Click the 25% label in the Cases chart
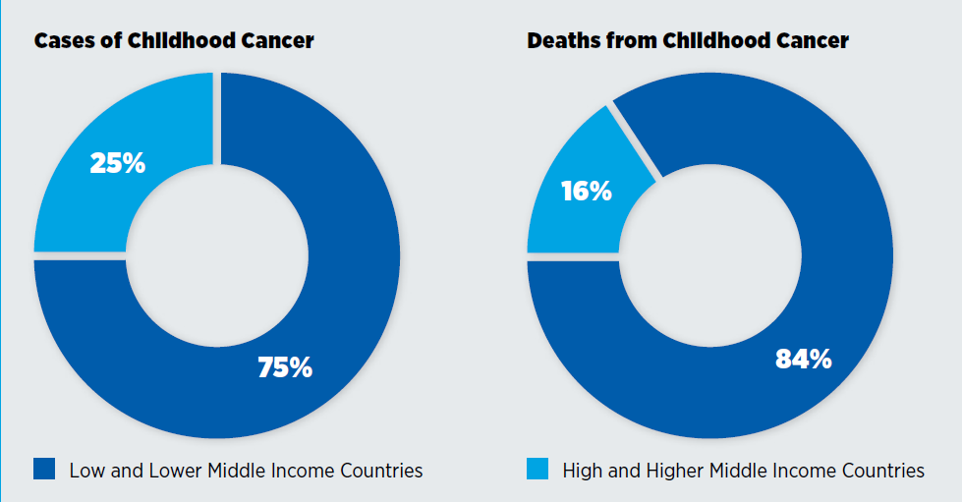[x=117, y=163]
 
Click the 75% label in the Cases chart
[x=284, y=367]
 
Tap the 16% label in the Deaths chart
[x=586, y=191]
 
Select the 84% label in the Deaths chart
[x=803, y=359]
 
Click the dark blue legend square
[x=44, y=470]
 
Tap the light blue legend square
[x=538, y=470]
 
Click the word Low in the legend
[x=86, y=471]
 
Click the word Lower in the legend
[x=172, y=471]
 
